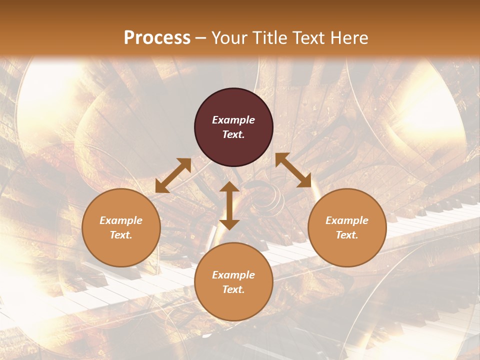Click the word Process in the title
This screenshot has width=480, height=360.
tap(157, 38)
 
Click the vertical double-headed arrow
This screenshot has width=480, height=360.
tap(229, 205)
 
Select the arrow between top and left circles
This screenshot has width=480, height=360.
tap(173, 175)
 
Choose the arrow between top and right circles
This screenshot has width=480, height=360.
tap(293, 170)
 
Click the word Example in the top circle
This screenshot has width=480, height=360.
tap(233, 120)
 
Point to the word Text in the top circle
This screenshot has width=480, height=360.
tap(232, 134)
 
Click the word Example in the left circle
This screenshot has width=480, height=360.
tap(121, 220)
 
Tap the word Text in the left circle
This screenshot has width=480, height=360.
tap(120, 235)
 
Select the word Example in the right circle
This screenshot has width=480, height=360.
tap(347, 220)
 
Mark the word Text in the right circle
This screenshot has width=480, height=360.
tap(346, 235)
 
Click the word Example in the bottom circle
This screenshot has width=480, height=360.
tap(233, 275)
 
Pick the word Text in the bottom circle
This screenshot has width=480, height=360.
tap(232, 289)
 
